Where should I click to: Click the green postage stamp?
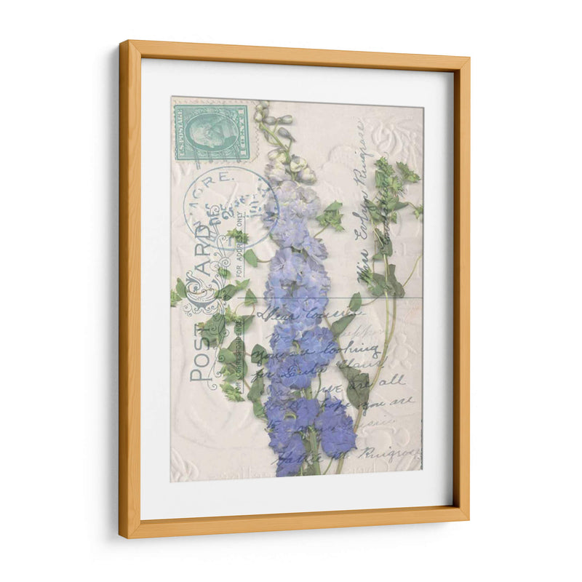click(x=212, y=132)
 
